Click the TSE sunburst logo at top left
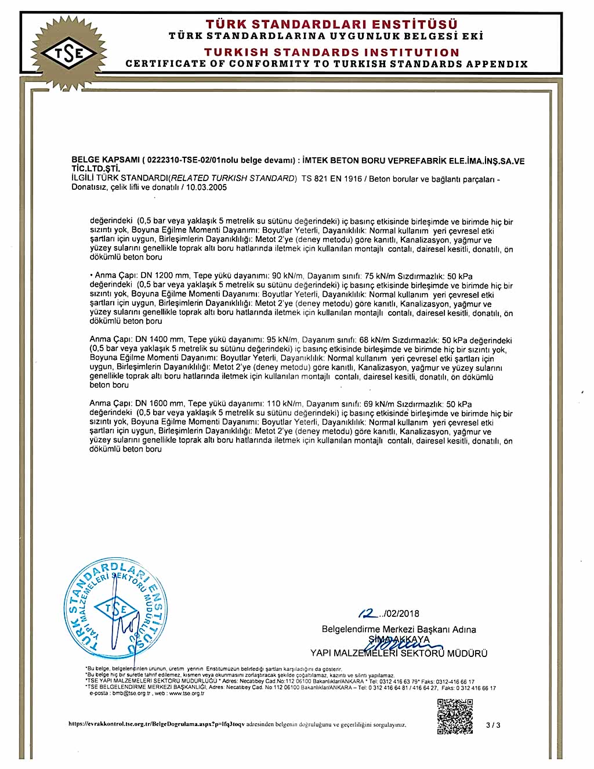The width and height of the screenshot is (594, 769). [x=69, y=53]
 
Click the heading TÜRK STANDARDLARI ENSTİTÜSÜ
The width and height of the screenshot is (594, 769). [x=331, y=24]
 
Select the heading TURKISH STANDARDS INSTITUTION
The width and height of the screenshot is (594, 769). [x=331, y=52]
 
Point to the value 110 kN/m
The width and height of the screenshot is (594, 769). [x=284, y=403]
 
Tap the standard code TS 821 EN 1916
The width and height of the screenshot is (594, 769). [x=332, y=179]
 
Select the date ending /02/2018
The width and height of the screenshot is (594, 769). [x=389, y=613]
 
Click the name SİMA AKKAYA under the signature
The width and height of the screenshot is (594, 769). [x=400, y=640]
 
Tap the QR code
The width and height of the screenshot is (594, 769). [x=455, y=717]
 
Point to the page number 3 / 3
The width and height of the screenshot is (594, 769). [x=493, y=725]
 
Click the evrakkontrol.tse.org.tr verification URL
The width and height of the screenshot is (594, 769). [x=156, y=724]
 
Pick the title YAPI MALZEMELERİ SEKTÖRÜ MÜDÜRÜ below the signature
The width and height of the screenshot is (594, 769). [x=399, y=654]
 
